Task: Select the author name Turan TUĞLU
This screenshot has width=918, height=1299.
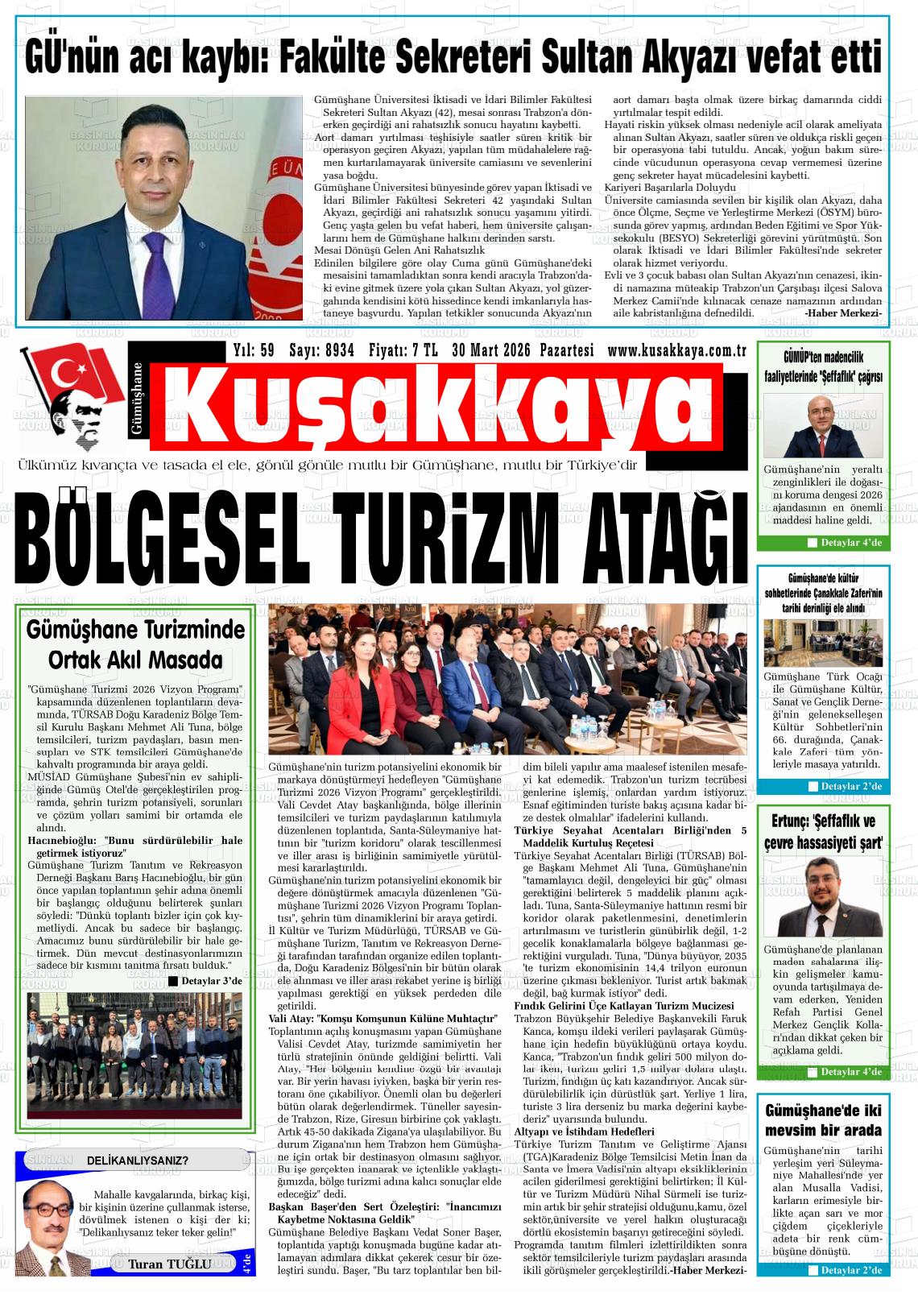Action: click(169, 1264)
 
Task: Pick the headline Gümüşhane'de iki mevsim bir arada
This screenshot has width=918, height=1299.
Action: click(823, 1119)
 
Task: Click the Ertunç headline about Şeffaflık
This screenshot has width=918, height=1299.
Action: click(823, 832)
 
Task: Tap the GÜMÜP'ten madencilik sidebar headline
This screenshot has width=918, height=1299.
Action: click(823, 368)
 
